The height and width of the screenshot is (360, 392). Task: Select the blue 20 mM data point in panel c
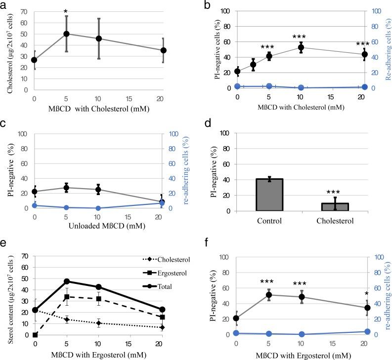162,203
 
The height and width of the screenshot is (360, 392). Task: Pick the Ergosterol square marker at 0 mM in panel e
35,335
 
